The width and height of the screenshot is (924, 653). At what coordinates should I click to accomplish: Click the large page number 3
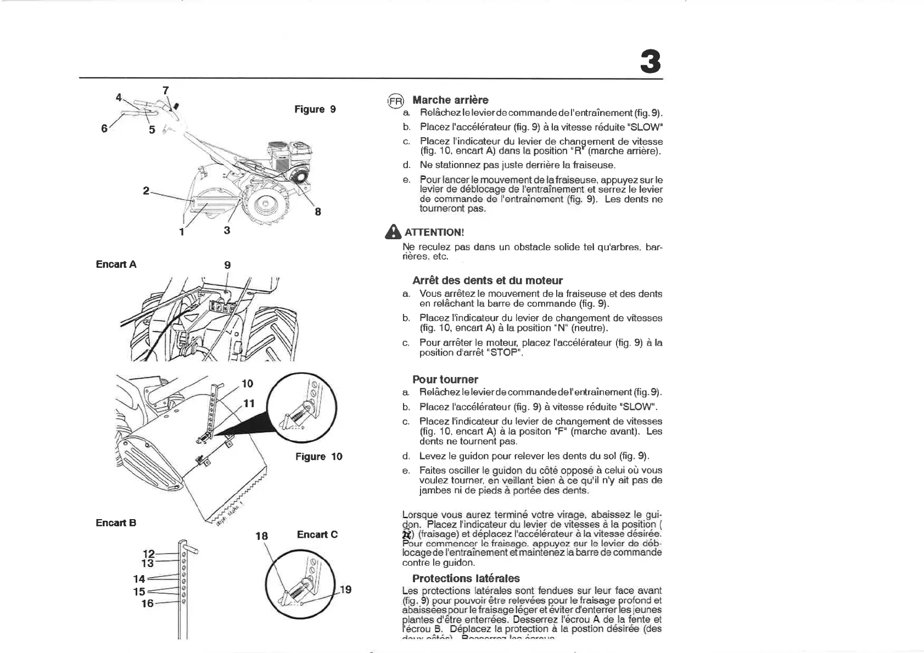tap(651, 61)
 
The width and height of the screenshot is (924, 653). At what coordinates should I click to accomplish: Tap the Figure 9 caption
tap(315, 109)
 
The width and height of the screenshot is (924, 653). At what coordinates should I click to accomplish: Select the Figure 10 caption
tap(318, 457)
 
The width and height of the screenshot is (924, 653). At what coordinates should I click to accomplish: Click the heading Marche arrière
tap(450, 100)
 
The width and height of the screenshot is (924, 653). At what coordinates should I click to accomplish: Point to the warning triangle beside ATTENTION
tap(393, 232)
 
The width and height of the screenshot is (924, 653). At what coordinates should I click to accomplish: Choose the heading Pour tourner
tap(445, 379)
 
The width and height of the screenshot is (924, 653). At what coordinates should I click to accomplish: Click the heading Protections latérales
tap(466, 578)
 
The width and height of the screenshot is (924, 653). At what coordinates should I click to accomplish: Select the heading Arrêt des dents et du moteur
tap(488, 280)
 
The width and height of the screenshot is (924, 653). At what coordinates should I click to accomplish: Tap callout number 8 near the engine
tap(318, 211)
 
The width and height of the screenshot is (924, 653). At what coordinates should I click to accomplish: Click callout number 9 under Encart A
tap(227, 265)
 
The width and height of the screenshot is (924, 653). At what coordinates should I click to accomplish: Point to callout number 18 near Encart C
tap(262, 536)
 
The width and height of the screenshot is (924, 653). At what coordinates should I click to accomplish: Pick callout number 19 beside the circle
tap(345, 590)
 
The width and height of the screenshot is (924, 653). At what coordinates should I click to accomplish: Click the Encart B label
tap(116, 523)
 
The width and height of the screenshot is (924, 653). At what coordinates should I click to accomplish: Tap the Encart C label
tap(317, 534)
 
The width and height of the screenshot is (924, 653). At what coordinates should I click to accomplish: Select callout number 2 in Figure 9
tap(146, 191)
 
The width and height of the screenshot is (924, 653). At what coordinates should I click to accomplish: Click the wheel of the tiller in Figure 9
tap(266, 206)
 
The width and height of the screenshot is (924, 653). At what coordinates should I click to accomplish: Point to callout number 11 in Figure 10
tap(249, 403)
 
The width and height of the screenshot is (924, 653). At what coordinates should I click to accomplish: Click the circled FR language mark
tap(395, 101)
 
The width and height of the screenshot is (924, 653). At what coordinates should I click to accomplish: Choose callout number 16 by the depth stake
tap(148, 604)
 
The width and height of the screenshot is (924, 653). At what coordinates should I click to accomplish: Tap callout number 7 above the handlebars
tap(166, 91)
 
